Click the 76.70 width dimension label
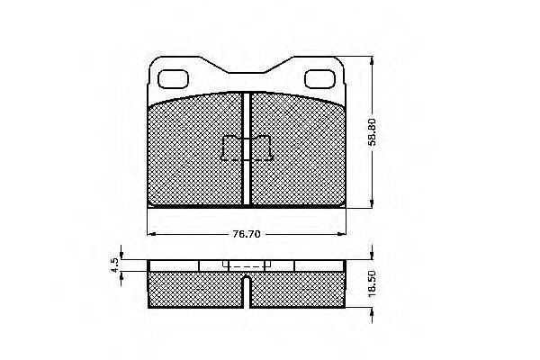[x=247, y=234]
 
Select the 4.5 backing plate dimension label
[x=114, y=265]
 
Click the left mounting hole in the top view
[x=173, y=79]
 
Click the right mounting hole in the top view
[x=319, y=79]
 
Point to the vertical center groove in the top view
[x=247, y=149]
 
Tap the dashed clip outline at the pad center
[x=247, y=148]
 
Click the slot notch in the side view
[x=247, y=291]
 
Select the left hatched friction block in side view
[x=195, y=290]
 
